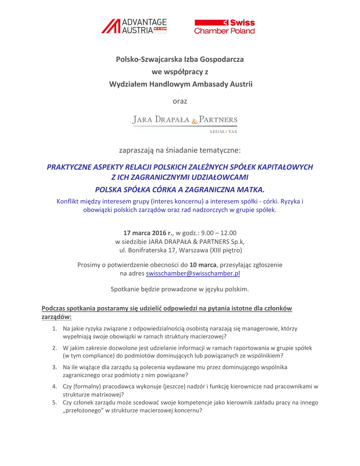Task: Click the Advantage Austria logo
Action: click(x=134, y=26)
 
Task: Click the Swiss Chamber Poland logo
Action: click(x=224, y=27)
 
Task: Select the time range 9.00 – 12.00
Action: click(x=222, y=233)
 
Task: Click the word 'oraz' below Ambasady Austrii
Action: click(x=180, y=101)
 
